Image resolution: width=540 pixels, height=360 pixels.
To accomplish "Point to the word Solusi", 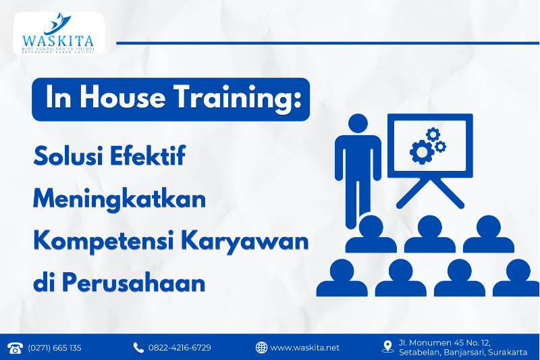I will [x=64, y=157].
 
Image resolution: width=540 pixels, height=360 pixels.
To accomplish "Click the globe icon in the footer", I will [x=261, y=347].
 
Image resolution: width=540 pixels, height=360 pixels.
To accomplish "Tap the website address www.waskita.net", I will [x=305, y=348].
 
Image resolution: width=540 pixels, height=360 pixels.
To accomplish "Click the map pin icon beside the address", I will [x=387, y=346].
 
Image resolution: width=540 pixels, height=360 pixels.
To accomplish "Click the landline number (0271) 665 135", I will [x=55, y=348].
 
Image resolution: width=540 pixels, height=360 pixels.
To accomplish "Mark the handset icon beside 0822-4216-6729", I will [x=138, y=347].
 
